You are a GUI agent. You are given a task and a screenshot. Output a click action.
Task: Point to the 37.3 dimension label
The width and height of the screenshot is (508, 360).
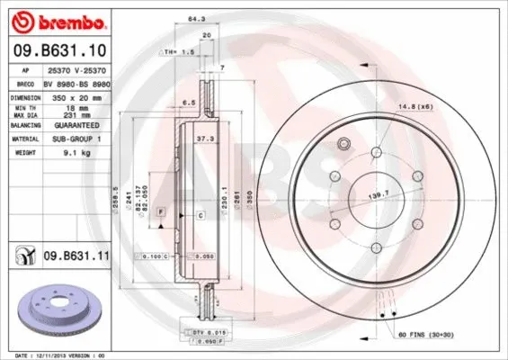205,139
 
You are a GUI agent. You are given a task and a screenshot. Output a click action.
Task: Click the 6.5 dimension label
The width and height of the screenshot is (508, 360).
188,103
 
